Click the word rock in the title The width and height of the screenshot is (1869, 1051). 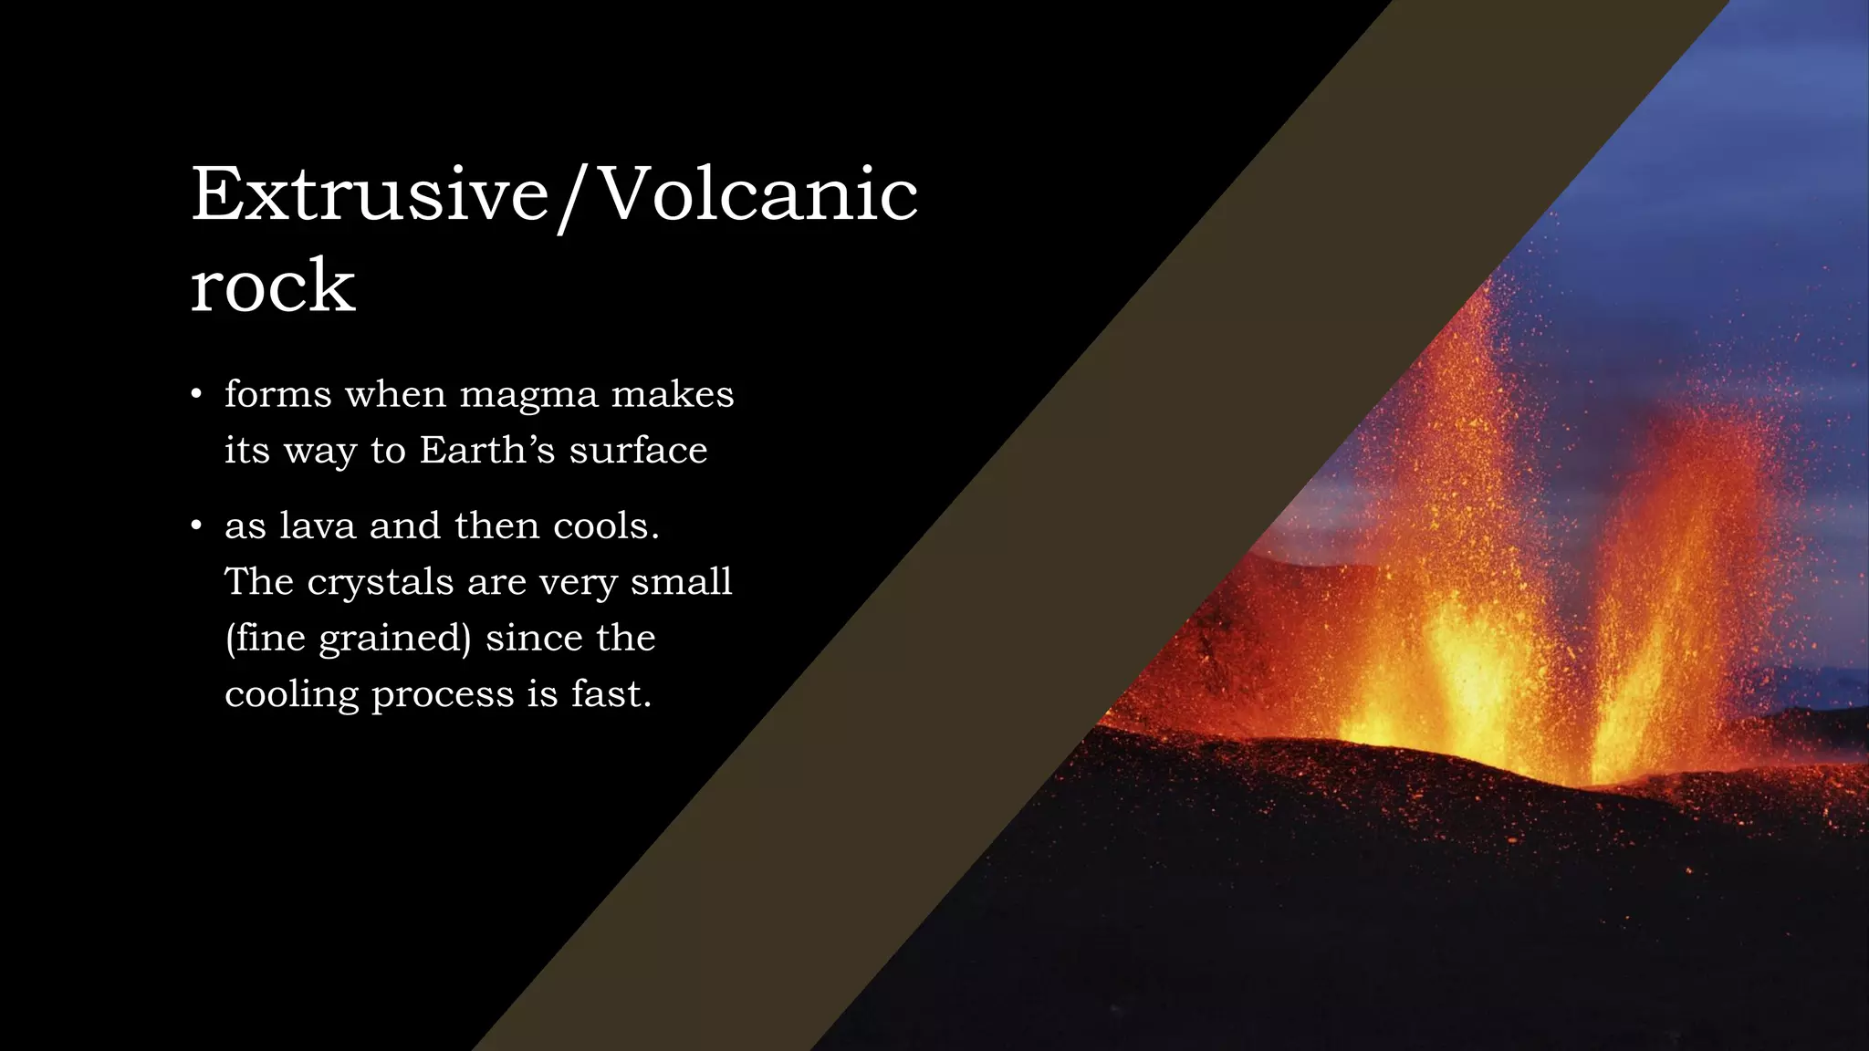(272, 286)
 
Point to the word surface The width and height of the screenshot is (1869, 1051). (638, 451)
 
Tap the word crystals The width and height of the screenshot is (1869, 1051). (380, 583)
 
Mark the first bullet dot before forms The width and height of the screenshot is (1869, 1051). (195, 395)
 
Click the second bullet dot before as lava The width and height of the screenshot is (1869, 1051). (195, 526)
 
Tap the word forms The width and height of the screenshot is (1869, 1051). (278, 394)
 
